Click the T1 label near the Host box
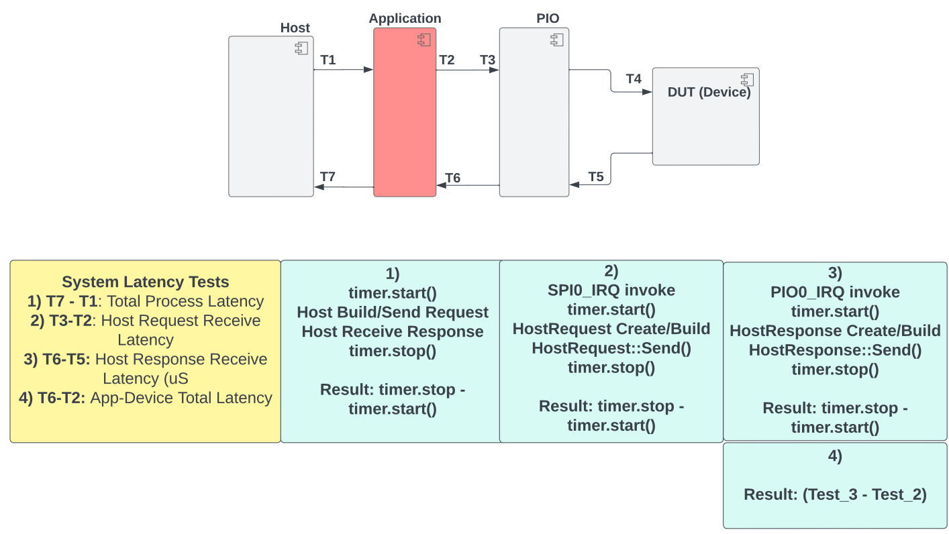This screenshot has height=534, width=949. click(x=328, y=60)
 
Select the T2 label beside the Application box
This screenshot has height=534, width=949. click(x=446, y=60)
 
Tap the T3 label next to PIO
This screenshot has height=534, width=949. click(x=487, y=60)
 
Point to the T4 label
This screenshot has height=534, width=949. click(x=634, y=78)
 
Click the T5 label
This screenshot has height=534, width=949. click(x=596, y=176)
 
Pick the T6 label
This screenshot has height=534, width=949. click(x=453, y=178)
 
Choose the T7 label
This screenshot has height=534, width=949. click(x=328, y=176)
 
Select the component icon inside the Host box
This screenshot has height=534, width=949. click(x=301, y=48)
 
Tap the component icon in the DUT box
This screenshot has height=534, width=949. click(x=746, y=79)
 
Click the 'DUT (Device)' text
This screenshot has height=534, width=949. click(x=709, y=93)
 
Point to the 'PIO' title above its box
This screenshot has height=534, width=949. click(x=548, y=19)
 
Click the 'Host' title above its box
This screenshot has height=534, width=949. click(x=295, y=28)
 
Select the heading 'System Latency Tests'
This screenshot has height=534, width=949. click(x=146, y=282)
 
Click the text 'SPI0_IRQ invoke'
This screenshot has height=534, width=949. click(x=611, y=290)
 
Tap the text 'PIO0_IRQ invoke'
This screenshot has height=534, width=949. click(x=835, y=292)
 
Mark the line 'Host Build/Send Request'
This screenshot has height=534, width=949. click(x=393, y=312)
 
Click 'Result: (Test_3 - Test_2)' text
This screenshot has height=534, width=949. click(x=835, y=494)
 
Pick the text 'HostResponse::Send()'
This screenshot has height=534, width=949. click(x=835, y=350)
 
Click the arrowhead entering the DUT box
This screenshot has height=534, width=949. click(x=648, y=92)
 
